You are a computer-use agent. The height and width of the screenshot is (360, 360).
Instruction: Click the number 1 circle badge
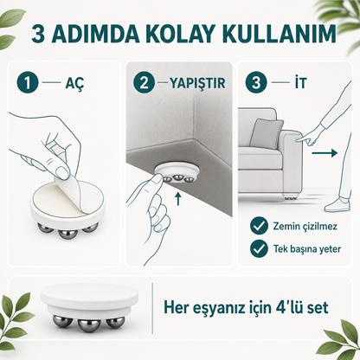click(x=28, y=83)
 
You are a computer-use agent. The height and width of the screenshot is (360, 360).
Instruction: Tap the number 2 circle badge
click(x=144, y=83)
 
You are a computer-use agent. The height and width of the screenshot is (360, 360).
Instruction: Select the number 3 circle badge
click(x=256, y=83)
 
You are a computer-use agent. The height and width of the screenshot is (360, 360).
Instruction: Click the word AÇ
click(x=74, y=84)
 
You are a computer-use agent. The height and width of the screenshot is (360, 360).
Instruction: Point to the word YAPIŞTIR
click(x=197, y=83)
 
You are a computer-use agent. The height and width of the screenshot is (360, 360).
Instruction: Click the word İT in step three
click(x=300, y=83)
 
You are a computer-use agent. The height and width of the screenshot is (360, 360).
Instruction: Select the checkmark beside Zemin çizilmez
click(x=259, y=226)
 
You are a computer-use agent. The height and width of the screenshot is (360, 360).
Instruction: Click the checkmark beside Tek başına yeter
click(x=259, y=248)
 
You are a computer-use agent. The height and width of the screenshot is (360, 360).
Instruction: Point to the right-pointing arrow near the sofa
click(x=325, y=152)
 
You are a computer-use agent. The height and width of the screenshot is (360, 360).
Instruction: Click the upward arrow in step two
click(x=178, y=199)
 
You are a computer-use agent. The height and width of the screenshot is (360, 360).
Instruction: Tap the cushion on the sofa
click(x=266, y=133)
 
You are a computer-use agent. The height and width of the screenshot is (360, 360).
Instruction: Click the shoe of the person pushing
click(x=337, y=204)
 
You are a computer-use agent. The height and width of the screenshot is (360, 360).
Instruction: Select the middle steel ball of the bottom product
click(x=89, y=325)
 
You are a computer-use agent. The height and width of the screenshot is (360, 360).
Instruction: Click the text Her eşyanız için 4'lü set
click(x=246, y=307)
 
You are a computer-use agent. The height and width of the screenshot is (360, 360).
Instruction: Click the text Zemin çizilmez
click(x=305, y=226)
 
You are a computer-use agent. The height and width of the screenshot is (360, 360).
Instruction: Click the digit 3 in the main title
click(x=38, y=35)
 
